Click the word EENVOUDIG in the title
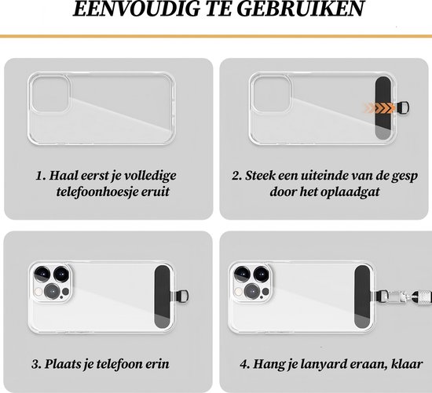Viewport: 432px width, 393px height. tap(137, 9)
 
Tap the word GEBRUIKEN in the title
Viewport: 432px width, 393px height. tap(301, 9)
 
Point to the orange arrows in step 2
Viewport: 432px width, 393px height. tap(379, 108)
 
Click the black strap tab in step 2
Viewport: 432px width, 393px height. tap(383, 108)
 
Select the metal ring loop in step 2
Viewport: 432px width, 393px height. tap(403, 107)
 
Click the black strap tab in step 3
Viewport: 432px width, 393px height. tap(162, 297)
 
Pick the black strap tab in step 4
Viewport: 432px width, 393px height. tap(362, 297)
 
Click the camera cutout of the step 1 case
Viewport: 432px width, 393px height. tap(50, 94)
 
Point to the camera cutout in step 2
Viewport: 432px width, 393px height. tap(272, 94)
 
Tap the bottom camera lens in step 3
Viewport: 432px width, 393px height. tap(52, 291)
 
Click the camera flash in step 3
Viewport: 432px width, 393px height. tap(38, 292)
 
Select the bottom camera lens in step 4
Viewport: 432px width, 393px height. tap(252, 291)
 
